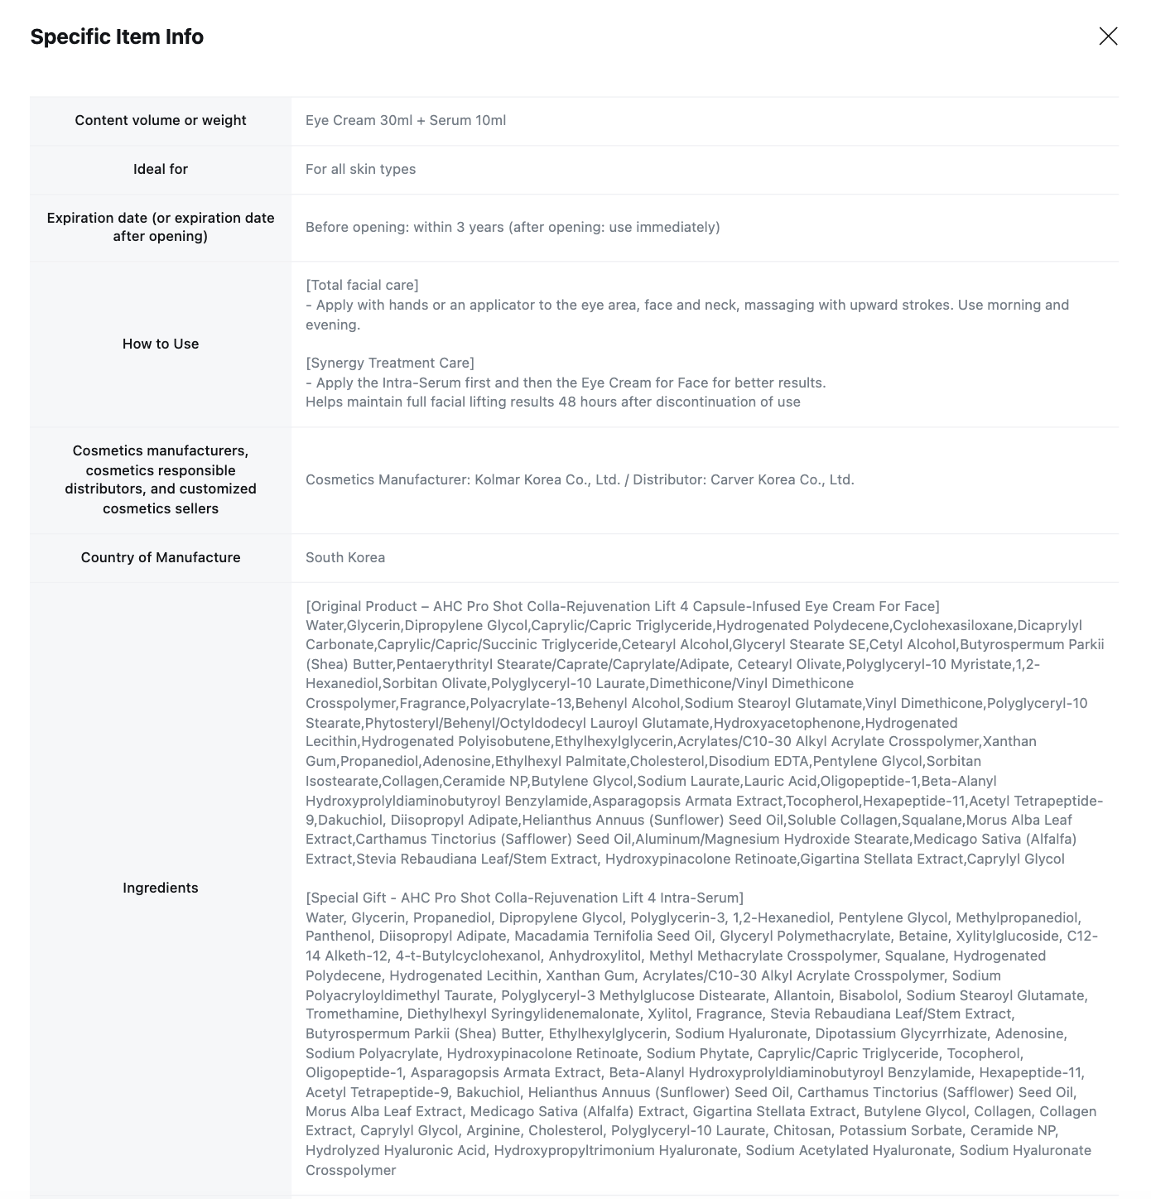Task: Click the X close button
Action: tap(1108, 36)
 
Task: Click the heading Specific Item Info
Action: tap(117, 37)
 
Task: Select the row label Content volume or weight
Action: tap(161, 120)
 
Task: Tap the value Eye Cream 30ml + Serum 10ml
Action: tap(406, 120)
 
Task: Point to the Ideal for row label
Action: tap(161, 169)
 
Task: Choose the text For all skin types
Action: tap(360, 169)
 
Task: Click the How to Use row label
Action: tap(161, 344)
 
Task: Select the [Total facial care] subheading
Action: tap(362, 285)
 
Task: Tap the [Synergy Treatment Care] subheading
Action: tap(390, 363)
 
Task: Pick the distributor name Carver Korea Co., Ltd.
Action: tap(782, 479)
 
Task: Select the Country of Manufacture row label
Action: tap(161, 557)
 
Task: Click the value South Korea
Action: tap(345, 557)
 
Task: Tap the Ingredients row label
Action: tap(161, 888)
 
